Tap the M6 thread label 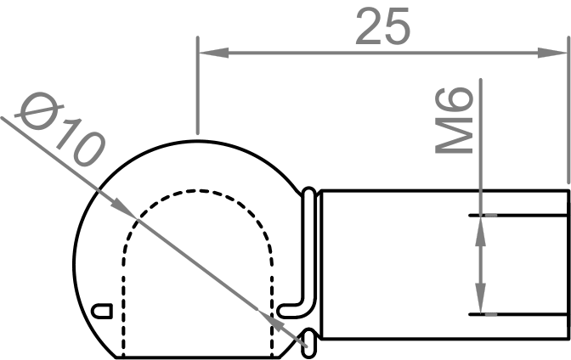(455, 124)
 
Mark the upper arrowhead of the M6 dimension (482, 225)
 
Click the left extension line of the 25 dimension (197, 85)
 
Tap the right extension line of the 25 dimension (567, 102)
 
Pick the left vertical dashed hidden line (124, 297)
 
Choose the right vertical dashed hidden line (272, 297)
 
